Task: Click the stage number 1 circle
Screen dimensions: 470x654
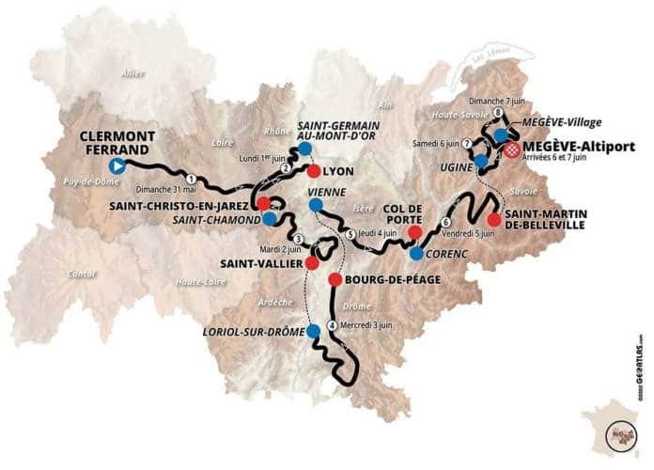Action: pyautogui.click(x=191, y=178)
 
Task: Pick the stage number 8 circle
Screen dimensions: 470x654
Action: pyautogui.click(x=496, y=114)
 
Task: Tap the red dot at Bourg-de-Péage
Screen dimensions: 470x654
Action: pyautogui.click(x=335, y=279)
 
